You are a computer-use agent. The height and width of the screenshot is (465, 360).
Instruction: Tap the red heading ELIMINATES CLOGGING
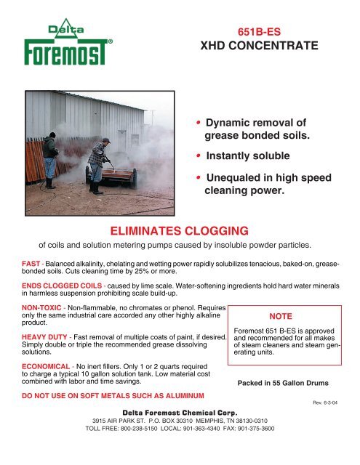[180, 231]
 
